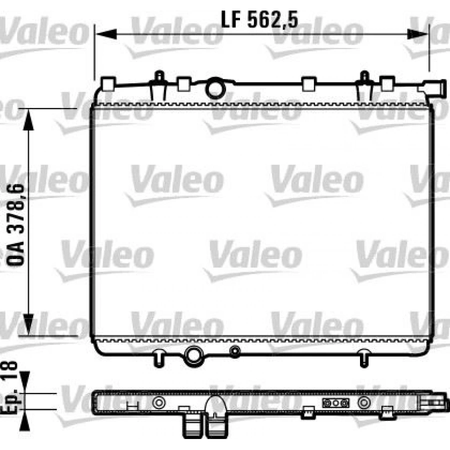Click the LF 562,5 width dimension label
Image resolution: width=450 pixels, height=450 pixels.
click(259, 19)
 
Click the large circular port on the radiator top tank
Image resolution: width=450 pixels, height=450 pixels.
click(216, 88)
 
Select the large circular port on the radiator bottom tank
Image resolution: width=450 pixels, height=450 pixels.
click(193, 355)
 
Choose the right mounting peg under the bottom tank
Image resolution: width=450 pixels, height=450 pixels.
click(364, 357)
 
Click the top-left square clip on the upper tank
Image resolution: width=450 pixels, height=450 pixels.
click(108, 83)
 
